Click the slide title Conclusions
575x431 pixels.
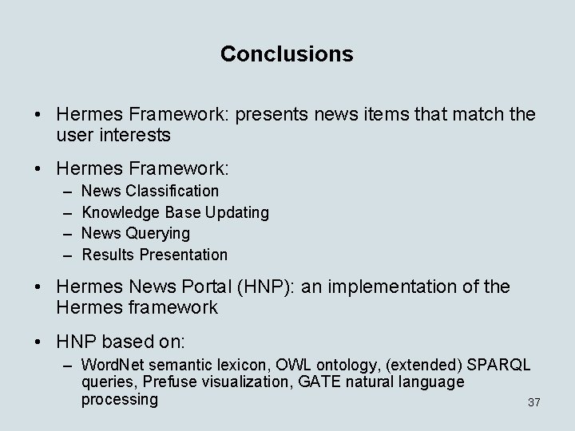tap(287, 53)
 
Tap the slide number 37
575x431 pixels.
tap(534, 403)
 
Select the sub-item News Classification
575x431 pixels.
tap(150, 191)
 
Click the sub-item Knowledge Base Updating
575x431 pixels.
tap(175, 212)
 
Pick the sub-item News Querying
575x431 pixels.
tap(136, 233)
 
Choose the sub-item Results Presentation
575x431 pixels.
tap(155, 255)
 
